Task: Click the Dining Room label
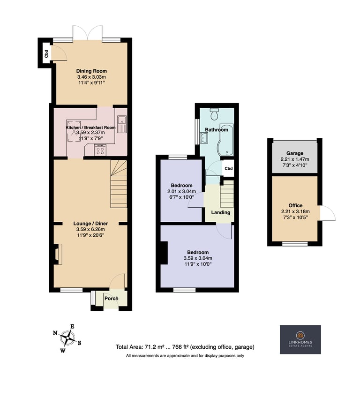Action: pyautogui.click(x=91, y=71)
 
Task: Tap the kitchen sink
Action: pyautogui.click(x=122, y=124)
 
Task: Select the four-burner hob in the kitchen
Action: pyautogui.click(x=100, y=150)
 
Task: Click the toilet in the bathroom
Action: pyautogui.click(x=215, y=114)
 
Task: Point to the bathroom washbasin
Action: pyautogui.click(x=204, y=138)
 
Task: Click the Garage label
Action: pyautogui.click(x=295, y=153)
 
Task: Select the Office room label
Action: pyautogui.click(x=295, y=205)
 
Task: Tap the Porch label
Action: pyautogui.click(x=112, y=298)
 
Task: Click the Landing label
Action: pyautogui.click(x=221, y=212)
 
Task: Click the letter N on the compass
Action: pyautogui.click(x=55, y=333)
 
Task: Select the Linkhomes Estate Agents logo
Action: pyautogui.click(x=300, y=339)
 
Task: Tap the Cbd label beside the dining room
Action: pyautogui.click(x=46, y=53)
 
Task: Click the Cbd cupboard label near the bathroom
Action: pyautogui.click(x=229, y=168)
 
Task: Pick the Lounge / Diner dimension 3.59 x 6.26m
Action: pyautogui.click(x=90, y=229)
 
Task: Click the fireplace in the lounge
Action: pyautogui.click(x=58, y=254)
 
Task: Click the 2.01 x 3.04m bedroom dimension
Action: pyautogui.click(x=181, y=191)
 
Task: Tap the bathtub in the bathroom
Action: pyautogui.click(x=226, y=140)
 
